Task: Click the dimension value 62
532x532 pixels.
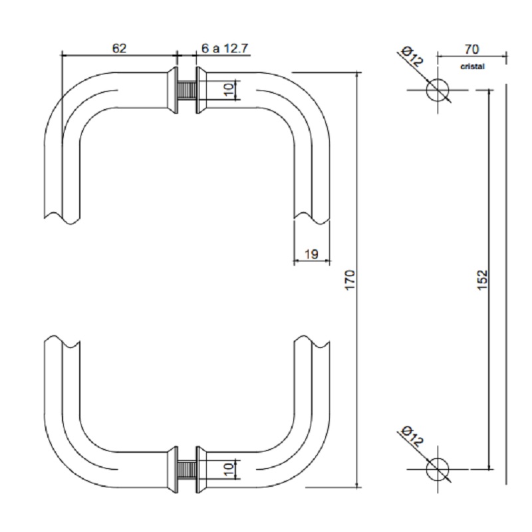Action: click(120, 48)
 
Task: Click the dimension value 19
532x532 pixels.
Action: click(311, 253)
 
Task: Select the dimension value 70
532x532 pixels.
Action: click(471, 49)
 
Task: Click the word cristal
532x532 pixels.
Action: click(471, 66)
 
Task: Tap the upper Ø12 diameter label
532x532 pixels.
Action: click(412, 57)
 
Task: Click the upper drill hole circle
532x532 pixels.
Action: click(437, 89)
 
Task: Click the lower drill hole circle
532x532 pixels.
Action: click(437, 469)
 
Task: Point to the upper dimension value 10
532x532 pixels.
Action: click(229, 90)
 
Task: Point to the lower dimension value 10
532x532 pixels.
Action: click(229, 469)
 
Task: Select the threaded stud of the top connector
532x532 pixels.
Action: click(188, 90)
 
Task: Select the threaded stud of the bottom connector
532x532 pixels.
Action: click(188, 469)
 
